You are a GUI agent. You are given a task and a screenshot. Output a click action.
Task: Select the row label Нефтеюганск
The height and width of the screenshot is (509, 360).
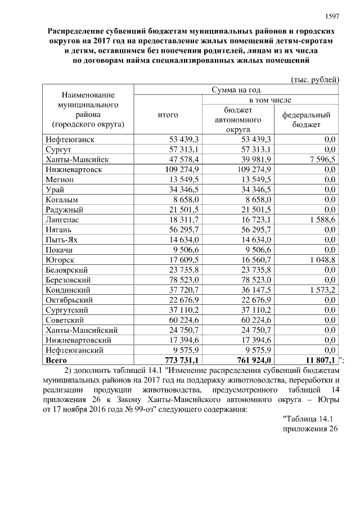point(67,139)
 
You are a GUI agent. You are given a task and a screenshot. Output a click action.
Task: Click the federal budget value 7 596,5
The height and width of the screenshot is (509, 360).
point(318,160)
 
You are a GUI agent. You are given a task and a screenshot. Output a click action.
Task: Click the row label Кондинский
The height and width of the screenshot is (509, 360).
point(67,290)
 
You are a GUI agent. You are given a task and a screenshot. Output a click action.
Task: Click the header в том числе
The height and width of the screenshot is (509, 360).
point(270,100)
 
